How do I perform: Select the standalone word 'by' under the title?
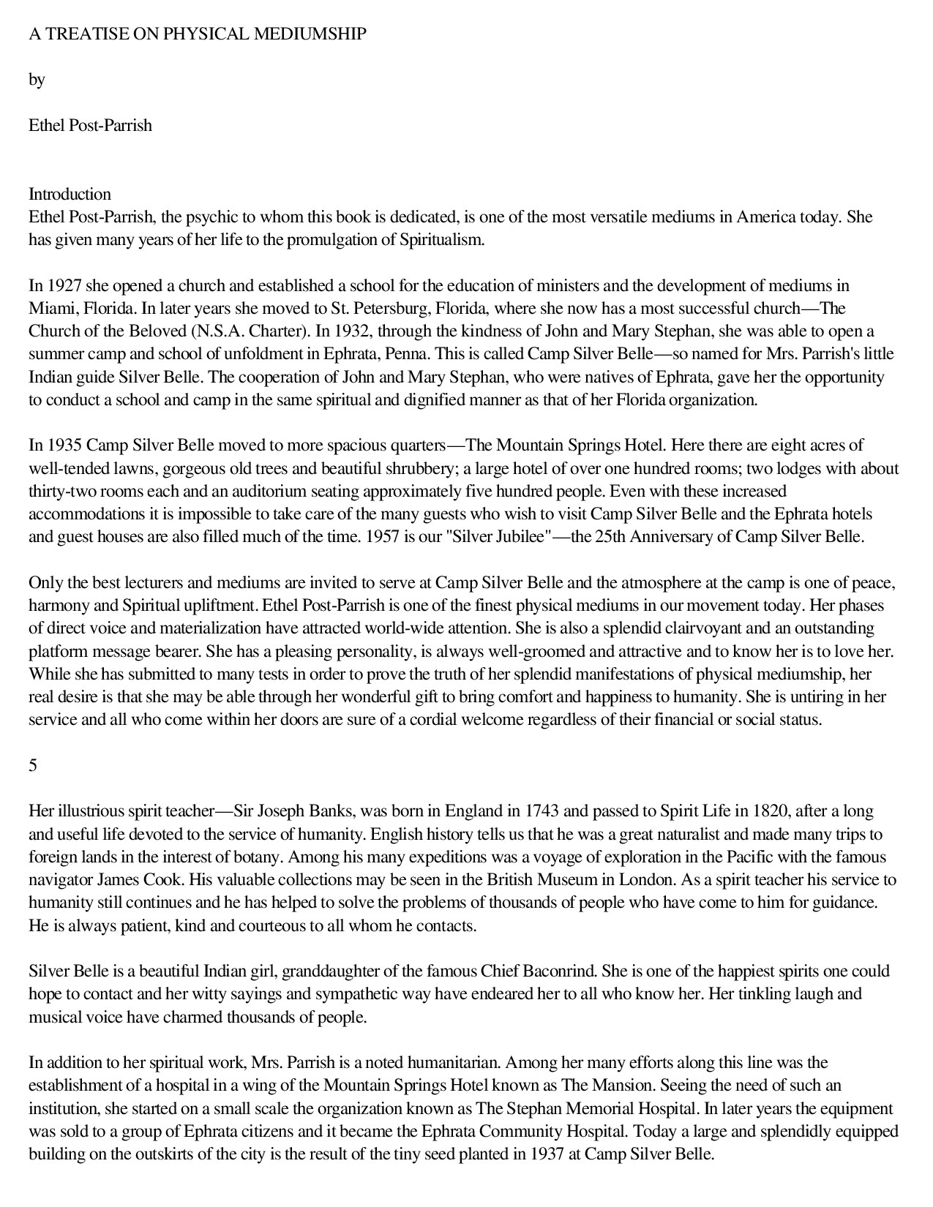pyautogui.click(x=37, y=80)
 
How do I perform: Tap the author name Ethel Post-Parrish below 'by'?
pyautogui.click(x=90, y=125)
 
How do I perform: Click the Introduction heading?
pyautogui.click(x=70, y=194)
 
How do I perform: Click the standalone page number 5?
pyautogui.click(x=33, y=765)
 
